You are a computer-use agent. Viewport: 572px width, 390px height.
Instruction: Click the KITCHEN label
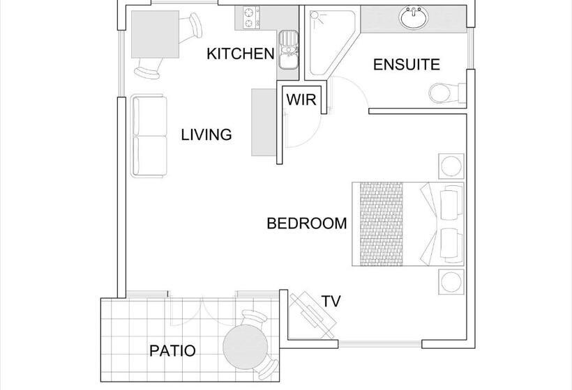pos(241,54)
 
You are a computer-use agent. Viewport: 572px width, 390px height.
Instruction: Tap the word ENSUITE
pos(407,65)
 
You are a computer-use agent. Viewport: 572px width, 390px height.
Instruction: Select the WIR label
pos(301,99)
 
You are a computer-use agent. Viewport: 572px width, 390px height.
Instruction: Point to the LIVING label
pos(206,134)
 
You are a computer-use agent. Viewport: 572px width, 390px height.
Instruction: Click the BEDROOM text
pos(307,224)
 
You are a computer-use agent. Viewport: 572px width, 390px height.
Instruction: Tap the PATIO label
pos(172,351)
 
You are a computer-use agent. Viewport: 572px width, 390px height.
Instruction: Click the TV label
pos(331,302)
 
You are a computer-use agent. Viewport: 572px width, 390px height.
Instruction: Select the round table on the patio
pos(246,347)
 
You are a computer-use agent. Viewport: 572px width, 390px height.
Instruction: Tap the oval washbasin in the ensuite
pos(414,17)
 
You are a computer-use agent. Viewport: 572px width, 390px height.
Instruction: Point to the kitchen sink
pos(288,49)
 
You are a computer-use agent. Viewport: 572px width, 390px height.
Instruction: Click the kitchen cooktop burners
pos(249,18)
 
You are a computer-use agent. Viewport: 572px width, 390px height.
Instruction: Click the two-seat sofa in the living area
pos(149,136)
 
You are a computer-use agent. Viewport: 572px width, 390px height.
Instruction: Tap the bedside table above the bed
pos(451,166)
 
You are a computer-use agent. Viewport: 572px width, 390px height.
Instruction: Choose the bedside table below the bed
pos(451,282)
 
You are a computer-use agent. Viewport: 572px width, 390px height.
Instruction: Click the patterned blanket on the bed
pos(382,224)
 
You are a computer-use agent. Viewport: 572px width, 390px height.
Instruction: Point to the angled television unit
pos(313,315)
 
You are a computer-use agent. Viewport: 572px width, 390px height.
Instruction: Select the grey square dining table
pos(155,34)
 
